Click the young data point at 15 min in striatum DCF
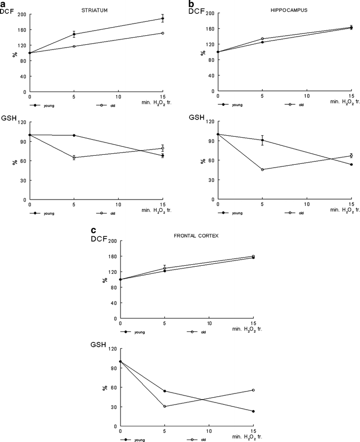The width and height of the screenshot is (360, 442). (162, 19)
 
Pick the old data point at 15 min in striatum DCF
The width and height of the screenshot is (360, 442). (162, 33)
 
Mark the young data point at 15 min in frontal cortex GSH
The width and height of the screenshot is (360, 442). (253, 412)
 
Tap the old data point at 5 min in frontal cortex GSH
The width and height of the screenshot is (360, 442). (165, 406)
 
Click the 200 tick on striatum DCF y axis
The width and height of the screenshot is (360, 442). (21, 14)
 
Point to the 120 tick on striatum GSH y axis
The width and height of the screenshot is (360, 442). (21, 122)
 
